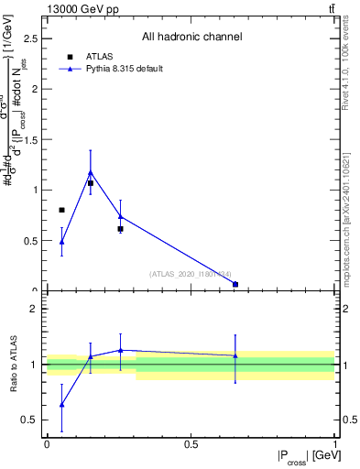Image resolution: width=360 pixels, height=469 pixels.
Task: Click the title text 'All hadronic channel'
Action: tap(191, 37)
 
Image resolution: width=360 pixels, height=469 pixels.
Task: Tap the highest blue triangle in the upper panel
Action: tap(90, 171)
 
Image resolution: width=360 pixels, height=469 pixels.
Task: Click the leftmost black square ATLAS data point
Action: tap(61, 210)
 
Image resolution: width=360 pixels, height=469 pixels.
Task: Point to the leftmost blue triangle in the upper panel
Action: tap(61, 242)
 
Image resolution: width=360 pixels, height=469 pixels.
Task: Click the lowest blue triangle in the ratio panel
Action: tap(61, 404)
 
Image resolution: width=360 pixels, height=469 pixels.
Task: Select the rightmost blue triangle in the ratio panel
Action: tap(235, 355)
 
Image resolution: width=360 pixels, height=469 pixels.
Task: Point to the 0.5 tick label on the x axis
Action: tap(191, 445)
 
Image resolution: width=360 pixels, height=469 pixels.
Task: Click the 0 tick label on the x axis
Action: tap(47, 445)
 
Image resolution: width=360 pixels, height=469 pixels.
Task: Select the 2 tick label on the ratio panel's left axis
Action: tap(34, 309)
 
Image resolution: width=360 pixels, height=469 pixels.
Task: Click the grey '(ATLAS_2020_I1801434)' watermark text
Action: tap(191, 273)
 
